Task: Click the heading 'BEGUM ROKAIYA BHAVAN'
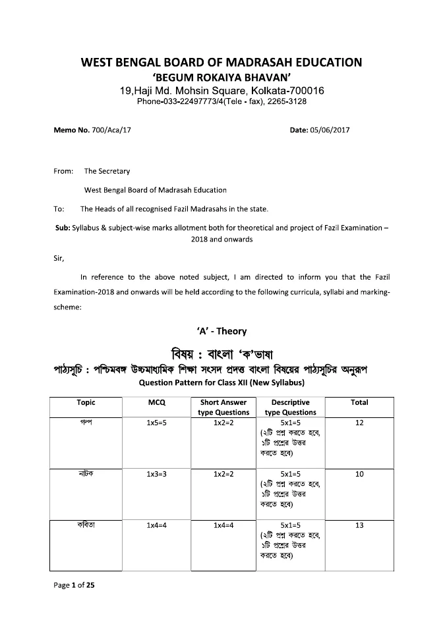(221, 77)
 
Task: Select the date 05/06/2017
(329, 130)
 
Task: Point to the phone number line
(221, 102)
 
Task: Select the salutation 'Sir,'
(58, 259)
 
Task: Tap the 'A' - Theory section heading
(221, 331)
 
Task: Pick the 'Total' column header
(359, 402)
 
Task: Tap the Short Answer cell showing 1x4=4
(224, 525)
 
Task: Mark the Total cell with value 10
(359, 473)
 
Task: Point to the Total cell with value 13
(359, 525)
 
